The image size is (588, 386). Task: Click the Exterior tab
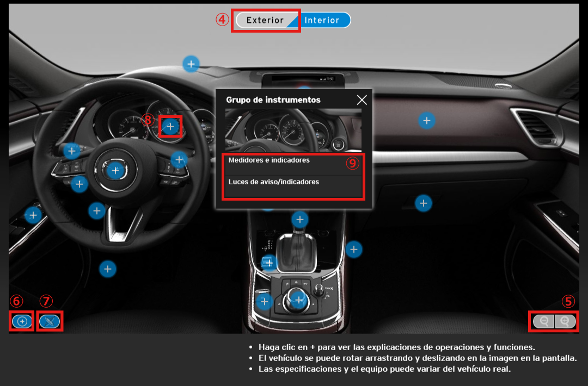click(265, 20)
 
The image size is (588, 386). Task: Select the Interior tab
click(322, 20)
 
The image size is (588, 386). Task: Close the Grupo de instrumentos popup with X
click(362, 99)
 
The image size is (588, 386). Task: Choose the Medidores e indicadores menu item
click(269, 160)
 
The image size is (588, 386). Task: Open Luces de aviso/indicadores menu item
click(274, 182)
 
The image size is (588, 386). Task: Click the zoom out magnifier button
click(544, 321)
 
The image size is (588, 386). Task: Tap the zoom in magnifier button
click(565, 321)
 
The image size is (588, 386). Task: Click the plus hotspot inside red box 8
click(170, 127)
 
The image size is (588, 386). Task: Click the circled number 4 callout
click(222, 20)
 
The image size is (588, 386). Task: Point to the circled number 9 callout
click(352, 163)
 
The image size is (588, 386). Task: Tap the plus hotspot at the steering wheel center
click(115, 171)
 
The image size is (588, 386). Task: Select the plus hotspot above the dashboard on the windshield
click(191, 64)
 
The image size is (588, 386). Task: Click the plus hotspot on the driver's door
click(33, 215)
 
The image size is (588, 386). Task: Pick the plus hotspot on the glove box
click(424, 203)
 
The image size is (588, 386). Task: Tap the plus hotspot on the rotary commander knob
click(298, 300)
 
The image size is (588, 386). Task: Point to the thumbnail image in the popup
click(293, 130)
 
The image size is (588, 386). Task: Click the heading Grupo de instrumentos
click(273, 100)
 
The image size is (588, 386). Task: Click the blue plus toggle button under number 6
click(22, 321)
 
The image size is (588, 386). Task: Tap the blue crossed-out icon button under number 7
click(50, 321)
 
